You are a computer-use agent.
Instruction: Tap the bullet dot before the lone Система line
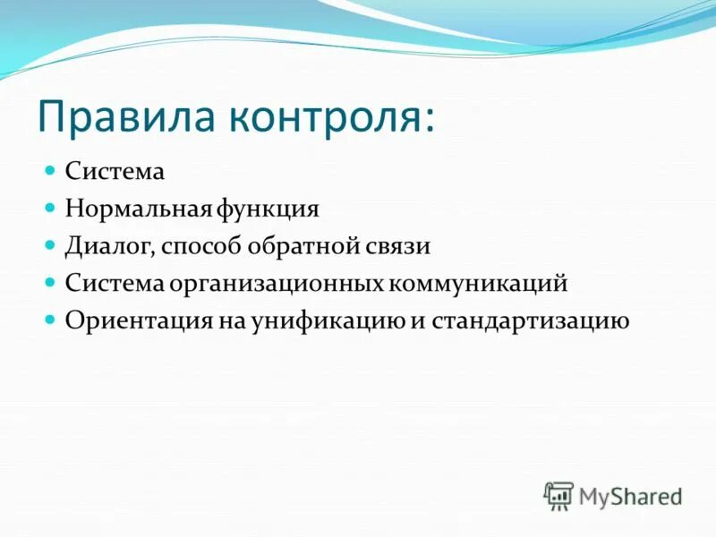pos(51,168)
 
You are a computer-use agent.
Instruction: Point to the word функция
pos(268,209)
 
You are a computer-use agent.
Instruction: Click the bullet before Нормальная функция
pos(51,206)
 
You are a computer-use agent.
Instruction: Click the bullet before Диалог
pos(51,243)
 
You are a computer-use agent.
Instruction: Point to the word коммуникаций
pos(479,284)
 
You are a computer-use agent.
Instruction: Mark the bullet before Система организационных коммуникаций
pos(51,281)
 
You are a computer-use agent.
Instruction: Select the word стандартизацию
pos(532,320)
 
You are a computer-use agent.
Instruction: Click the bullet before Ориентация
pos(51,319)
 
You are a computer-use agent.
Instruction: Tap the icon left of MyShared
pos(558,496)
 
